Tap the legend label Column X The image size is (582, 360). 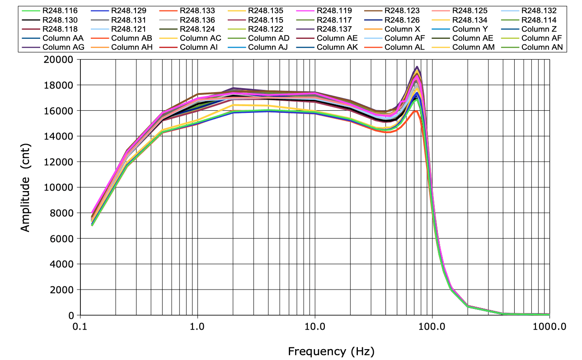(402, 29)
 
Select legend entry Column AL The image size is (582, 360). (405, 47)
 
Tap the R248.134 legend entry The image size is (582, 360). (470, 20)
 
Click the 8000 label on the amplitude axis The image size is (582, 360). (64, 213)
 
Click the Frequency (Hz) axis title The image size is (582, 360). (331, 351)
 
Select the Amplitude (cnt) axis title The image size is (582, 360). (25, 188)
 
